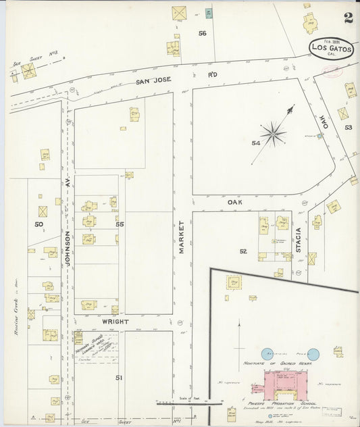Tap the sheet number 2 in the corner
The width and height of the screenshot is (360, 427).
(348, 18)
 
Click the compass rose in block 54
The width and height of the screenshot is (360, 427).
(273, 133)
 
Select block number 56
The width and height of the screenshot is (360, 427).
(202, 33)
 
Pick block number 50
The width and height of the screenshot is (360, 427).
(39, 224)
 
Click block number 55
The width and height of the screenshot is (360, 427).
(120, 224)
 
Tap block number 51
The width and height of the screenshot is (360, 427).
(118, 378)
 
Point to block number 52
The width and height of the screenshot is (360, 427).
(242, 251)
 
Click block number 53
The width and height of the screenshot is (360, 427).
(348, 127)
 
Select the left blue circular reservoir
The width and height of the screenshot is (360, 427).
(267, 353)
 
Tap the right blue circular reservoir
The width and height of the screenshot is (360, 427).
(313, 353)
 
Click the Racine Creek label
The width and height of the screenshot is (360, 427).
(15, 294)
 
